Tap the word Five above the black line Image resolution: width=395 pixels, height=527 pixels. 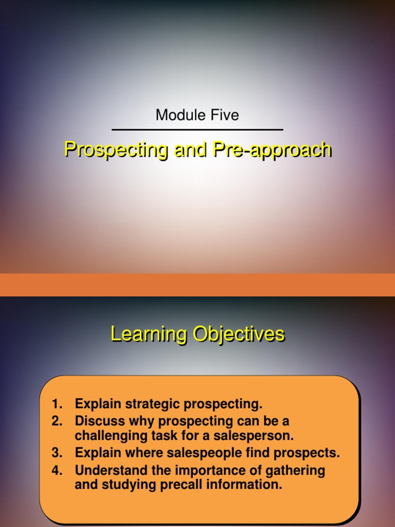(x=223, y=115)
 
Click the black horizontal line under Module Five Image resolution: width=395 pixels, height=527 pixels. (x=197, y=130)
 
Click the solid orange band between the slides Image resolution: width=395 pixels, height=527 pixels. (x=197, y=285)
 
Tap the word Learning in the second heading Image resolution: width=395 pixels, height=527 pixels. (x=149, y=334)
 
